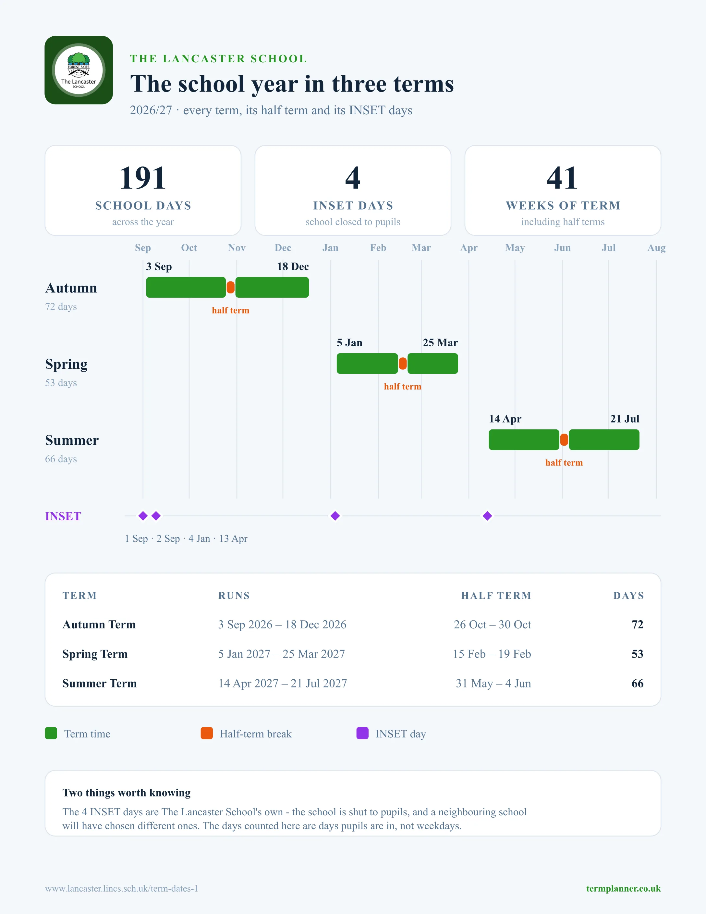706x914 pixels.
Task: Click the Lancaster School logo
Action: pyautogui.click(x=79, y=70)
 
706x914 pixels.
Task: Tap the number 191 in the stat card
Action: pyautogui.click(x=143, y=178)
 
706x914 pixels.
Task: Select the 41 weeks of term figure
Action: pyautogui.click(x=563, y=178)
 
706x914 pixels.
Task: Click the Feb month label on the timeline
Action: pyautogui.click(x=378, y=248)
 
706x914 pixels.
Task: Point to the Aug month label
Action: pyautogui.click(x=656, y=248)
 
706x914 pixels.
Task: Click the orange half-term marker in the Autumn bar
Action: pyautogui.click(x=230, y=288)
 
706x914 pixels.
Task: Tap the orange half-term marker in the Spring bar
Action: pyautogui.click(x=403, y=364)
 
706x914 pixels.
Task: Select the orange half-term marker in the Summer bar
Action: pyautogui.click(x=564, y=440)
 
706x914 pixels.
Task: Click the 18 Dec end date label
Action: pyautogui.click(x=293, y=266)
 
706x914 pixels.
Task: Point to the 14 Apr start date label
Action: pyautogui.click(x=505, y=419)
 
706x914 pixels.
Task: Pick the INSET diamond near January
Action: pyautogui.click(x=335, y=516)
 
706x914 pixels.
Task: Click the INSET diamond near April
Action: pyautogui.click(x=487, y=516)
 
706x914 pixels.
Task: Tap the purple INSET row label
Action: pyautogui.click(x=63, y=516)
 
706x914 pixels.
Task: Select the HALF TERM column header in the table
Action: pyautogui.click(x=496, y=596)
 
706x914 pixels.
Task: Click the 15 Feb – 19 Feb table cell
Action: pyautogui.click(x=492, y=654)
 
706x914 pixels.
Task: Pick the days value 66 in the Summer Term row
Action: pyautogui.click(x=638, y=684)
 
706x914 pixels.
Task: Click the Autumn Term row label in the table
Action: pyautogui.click(x=99, y=624)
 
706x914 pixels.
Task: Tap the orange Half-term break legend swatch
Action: pyautogui.click(x=207, y=733)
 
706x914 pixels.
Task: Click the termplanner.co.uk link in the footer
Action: pyautogui.click(x=623, y=888)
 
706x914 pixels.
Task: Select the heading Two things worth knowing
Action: pyautogui.click(x=126, y=793)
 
